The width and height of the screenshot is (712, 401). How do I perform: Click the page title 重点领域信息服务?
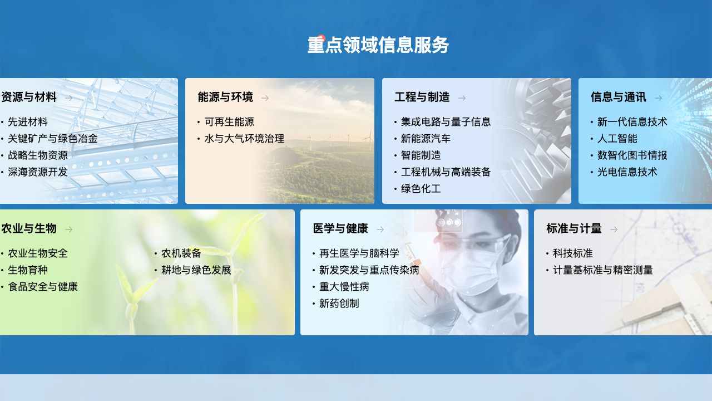point(378,45)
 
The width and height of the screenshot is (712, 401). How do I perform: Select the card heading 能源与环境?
point(225,97)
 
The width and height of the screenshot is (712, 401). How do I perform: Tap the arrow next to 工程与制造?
point(462,98)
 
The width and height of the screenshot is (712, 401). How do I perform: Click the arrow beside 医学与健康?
point(380,229)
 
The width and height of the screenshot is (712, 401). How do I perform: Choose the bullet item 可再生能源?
point(229,122)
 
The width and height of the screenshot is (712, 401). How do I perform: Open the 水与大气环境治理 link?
point(244,139)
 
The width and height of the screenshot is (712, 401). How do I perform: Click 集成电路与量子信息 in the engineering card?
point(446,122)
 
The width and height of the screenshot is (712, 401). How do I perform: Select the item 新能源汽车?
point(426,139)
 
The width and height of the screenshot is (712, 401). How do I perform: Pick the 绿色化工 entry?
point(421,189)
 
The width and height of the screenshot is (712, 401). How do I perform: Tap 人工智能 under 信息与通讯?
point(617,139)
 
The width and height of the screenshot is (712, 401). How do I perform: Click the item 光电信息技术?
point(627,172)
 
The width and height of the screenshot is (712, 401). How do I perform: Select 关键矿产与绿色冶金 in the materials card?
point(53,139)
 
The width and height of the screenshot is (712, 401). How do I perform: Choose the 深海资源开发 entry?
point(38,172)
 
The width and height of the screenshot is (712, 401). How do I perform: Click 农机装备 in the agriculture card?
point(181,253)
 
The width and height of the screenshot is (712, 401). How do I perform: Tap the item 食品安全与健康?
point(43,287)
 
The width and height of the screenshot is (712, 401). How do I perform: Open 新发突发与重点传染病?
point(369,270)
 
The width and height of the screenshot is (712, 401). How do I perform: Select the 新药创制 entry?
point(339,304)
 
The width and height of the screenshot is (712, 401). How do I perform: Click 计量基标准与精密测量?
point(603,270)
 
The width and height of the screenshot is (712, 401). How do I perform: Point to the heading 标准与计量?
point(574,228)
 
